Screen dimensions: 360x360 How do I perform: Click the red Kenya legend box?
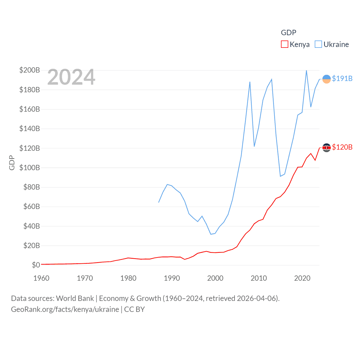(x=284, y=44)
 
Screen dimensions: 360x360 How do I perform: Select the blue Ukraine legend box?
(x=318, y=44)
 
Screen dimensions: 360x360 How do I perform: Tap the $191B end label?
(x=342, y=78)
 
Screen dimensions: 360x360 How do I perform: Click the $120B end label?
(x=342, y=147)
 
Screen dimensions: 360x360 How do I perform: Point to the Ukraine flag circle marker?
(x=326, y=79)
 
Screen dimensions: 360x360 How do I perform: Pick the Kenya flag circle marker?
(x=326, y=148)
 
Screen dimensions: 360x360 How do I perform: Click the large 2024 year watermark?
(x=71, y=77)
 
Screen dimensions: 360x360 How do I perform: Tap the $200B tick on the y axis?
(x=30, y=70)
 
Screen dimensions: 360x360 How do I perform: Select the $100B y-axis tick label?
(x=30, y=168)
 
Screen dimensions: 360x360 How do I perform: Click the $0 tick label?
(x=36, y=265)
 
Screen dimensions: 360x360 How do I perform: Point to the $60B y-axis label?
(x=31, y=206)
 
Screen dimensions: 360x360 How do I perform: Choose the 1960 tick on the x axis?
(x=41, y=278)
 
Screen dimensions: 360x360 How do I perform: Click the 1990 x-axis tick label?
(x=172, y=278)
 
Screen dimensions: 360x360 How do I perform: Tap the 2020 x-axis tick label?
(x=302, y=278)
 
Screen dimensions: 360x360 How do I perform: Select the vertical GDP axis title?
(x=12, y=163)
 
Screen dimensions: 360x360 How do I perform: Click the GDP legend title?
(x=289, y=33)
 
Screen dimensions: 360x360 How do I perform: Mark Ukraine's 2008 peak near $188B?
(x=250, y=82)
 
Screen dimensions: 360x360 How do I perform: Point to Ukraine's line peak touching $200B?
(x=306, y=71)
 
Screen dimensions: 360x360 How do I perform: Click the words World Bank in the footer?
(x=75, y=298)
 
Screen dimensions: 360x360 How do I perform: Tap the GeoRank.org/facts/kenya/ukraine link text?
(x=65, y=309)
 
